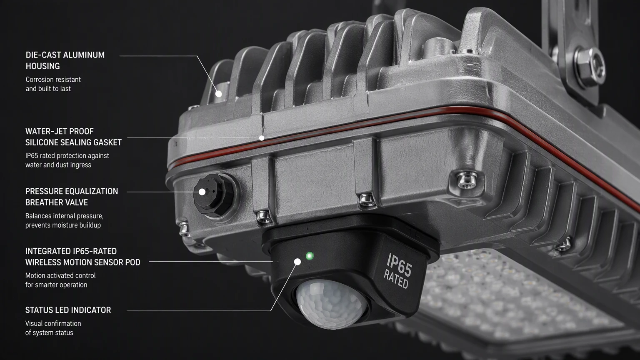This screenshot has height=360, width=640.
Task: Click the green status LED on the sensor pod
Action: click(310, 255)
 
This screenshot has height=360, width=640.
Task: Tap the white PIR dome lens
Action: click(331, 304)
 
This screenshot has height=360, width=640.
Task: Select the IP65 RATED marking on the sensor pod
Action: click(398, 270)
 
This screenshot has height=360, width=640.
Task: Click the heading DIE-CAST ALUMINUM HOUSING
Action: click(65, 60)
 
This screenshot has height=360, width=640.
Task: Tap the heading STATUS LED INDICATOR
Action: click(68, 310)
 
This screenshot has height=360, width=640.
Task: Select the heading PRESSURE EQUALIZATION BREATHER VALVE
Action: click(71, 197)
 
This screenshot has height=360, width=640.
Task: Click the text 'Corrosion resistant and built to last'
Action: click(53, 84)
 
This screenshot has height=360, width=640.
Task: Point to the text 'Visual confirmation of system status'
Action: click(53, 328)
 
